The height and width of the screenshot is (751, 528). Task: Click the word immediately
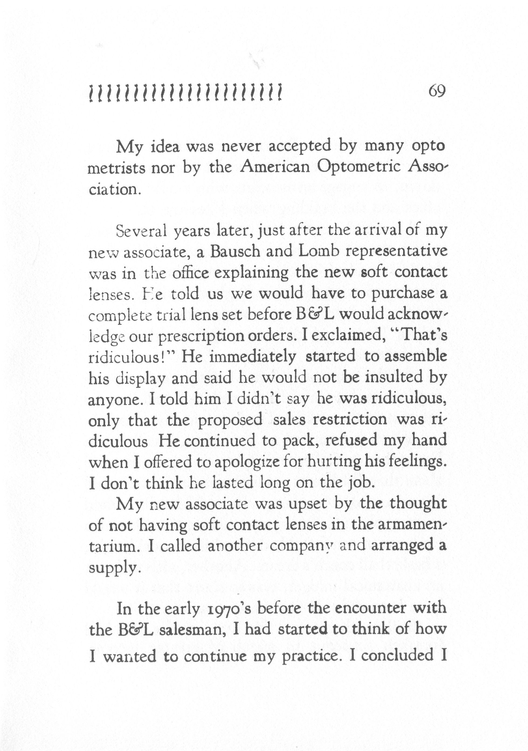click(x=252, y=357)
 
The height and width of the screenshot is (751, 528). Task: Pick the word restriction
click(x=350, y=419)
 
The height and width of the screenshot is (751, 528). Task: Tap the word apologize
click(x=243, y=462)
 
